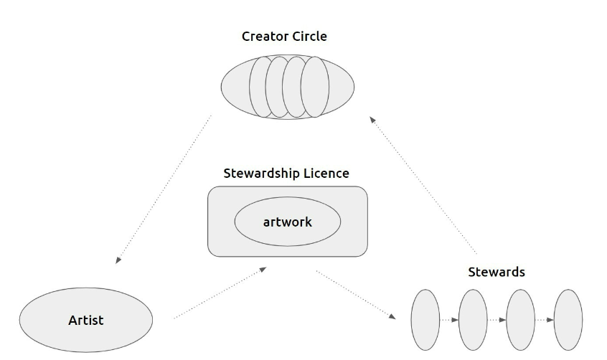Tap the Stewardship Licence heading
286,173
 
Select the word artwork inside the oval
287,222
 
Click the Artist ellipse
85,320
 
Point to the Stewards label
496,272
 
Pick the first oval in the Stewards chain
425,319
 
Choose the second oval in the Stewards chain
473,319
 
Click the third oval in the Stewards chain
521,319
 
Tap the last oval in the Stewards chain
568,319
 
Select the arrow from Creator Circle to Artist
164,188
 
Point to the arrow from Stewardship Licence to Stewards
356,293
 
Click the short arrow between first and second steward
448,319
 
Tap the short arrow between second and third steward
497,319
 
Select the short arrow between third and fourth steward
545,319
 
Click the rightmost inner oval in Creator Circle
314,87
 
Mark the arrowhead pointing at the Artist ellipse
118,261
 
